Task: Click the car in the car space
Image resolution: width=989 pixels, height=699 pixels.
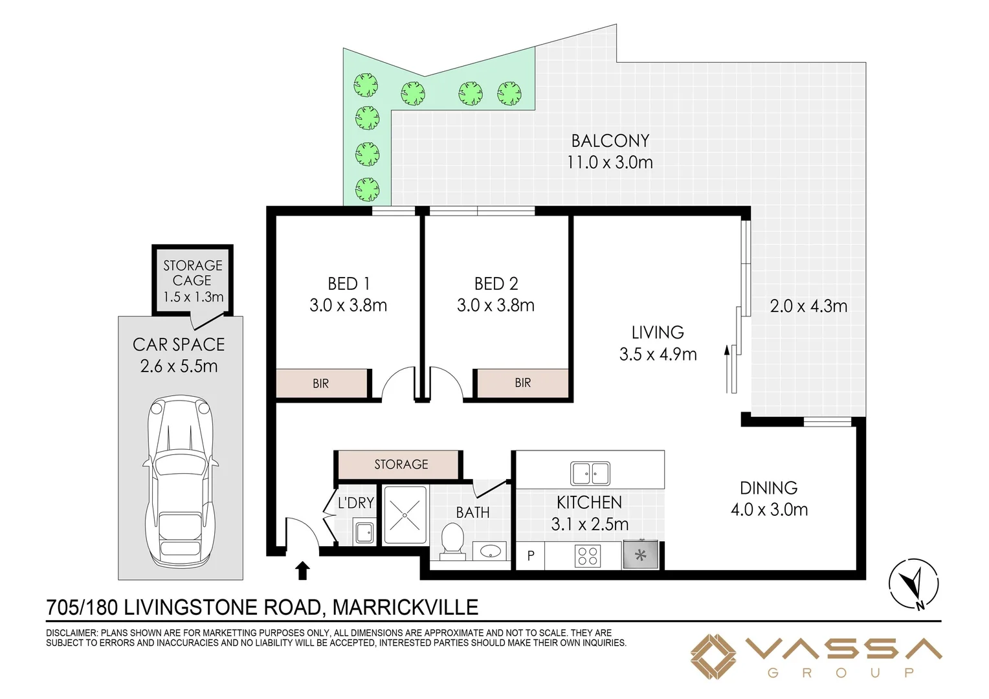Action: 181,482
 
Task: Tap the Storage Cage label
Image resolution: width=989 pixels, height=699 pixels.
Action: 192,273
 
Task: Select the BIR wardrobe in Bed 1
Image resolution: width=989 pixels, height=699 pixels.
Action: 322,383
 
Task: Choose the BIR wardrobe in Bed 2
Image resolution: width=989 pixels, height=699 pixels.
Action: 523,383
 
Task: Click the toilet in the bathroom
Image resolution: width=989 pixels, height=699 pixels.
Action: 452,542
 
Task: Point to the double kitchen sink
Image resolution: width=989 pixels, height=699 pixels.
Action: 590,473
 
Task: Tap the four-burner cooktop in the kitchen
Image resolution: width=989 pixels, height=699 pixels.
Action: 588,556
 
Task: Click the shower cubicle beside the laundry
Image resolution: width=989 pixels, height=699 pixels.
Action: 405,515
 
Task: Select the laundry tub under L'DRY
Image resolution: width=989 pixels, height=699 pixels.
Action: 364,533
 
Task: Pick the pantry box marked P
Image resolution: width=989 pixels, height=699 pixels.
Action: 530,555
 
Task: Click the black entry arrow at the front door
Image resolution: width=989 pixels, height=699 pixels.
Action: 302,570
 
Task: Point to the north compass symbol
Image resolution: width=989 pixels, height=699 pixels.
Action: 913,584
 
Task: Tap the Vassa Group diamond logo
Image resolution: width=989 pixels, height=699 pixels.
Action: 713,657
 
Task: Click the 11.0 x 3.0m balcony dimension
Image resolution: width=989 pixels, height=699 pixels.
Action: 610,162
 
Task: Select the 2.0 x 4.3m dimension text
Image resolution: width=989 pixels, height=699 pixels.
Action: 808,306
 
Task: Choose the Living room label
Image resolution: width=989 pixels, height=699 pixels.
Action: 658,332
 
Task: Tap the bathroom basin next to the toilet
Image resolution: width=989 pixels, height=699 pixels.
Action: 490,551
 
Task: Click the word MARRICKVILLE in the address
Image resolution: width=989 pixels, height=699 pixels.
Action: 405,607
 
